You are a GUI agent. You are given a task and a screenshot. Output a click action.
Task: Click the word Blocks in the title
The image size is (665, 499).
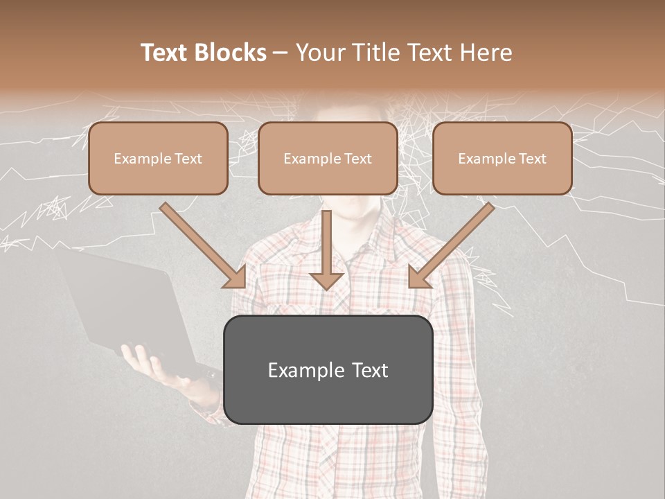point(231,53)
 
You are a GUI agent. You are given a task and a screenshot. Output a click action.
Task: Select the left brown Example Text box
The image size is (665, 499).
point(158,159)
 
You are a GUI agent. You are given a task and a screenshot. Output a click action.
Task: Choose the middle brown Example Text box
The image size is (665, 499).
point(328,159)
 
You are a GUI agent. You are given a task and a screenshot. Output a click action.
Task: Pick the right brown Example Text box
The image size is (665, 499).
point(502,159)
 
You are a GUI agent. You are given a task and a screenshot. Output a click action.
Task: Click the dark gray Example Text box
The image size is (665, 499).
point(328,369)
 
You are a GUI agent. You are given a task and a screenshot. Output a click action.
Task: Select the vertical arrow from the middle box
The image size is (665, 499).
point(327,249)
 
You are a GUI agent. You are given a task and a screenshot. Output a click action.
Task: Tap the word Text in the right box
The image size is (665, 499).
point(531,159)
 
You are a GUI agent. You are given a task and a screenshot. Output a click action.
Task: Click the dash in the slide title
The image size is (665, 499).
point(281,53)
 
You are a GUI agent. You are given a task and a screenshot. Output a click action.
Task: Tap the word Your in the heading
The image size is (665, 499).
point(318,53)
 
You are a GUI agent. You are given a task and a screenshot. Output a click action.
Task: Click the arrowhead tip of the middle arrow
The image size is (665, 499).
point(327,288)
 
